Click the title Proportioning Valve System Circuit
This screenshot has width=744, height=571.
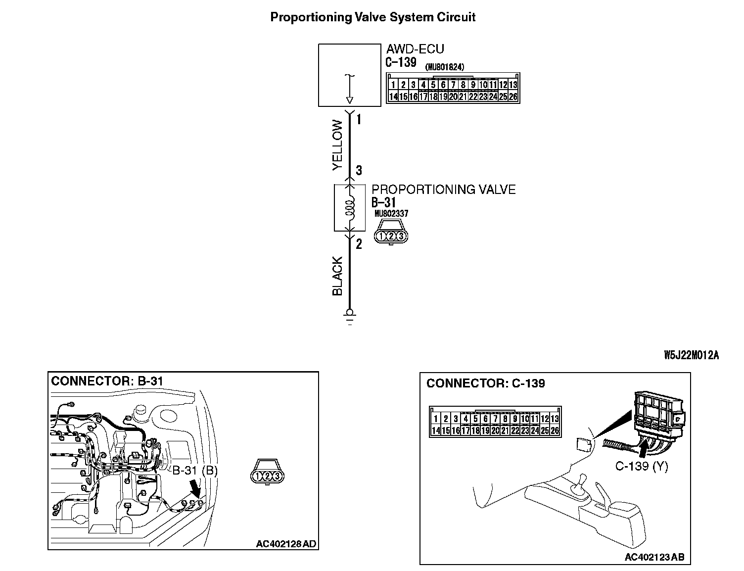pos(372,17)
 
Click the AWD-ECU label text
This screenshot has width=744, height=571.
pos(415,49)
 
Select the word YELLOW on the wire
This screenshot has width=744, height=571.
pos(337,145)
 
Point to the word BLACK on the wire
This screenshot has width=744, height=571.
pos(337,276)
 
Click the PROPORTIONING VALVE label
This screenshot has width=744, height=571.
pos(443,190)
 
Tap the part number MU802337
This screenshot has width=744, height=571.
pos(391,214)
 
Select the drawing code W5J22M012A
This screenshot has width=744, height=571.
pos(691,355)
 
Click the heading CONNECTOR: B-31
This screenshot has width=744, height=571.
pos(107,381)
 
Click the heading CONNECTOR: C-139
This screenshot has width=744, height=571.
pos(485,383)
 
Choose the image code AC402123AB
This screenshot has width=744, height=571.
pos(654,557)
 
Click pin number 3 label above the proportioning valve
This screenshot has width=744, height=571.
pos(359,171)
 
